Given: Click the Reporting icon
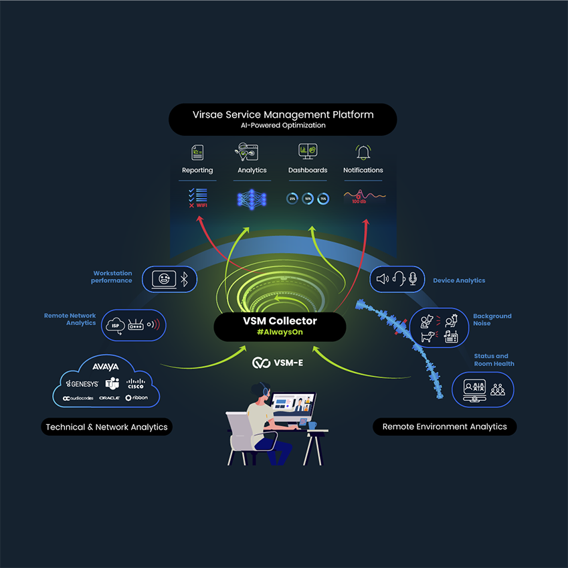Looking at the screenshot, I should tap(197, 153).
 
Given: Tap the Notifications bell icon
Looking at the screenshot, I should tap(363, 153).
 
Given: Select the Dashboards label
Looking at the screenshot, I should tap(308, 171).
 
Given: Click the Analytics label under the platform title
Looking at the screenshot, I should tap(252, 171).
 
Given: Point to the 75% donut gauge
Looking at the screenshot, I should tap(323, 199).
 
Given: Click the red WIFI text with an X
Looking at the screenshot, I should tap(197, 205).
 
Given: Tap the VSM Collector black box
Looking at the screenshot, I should tap(280, 326).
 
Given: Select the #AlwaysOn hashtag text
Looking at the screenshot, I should tap(280, 333).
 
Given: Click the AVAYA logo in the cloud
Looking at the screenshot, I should tap(106, 367).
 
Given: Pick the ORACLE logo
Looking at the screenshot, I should tap(109, 398).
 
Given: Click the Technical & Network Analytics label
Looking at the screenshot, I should tap(107, 427).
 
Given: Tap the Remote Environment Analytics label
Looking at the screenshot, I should tap(444, 427).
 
